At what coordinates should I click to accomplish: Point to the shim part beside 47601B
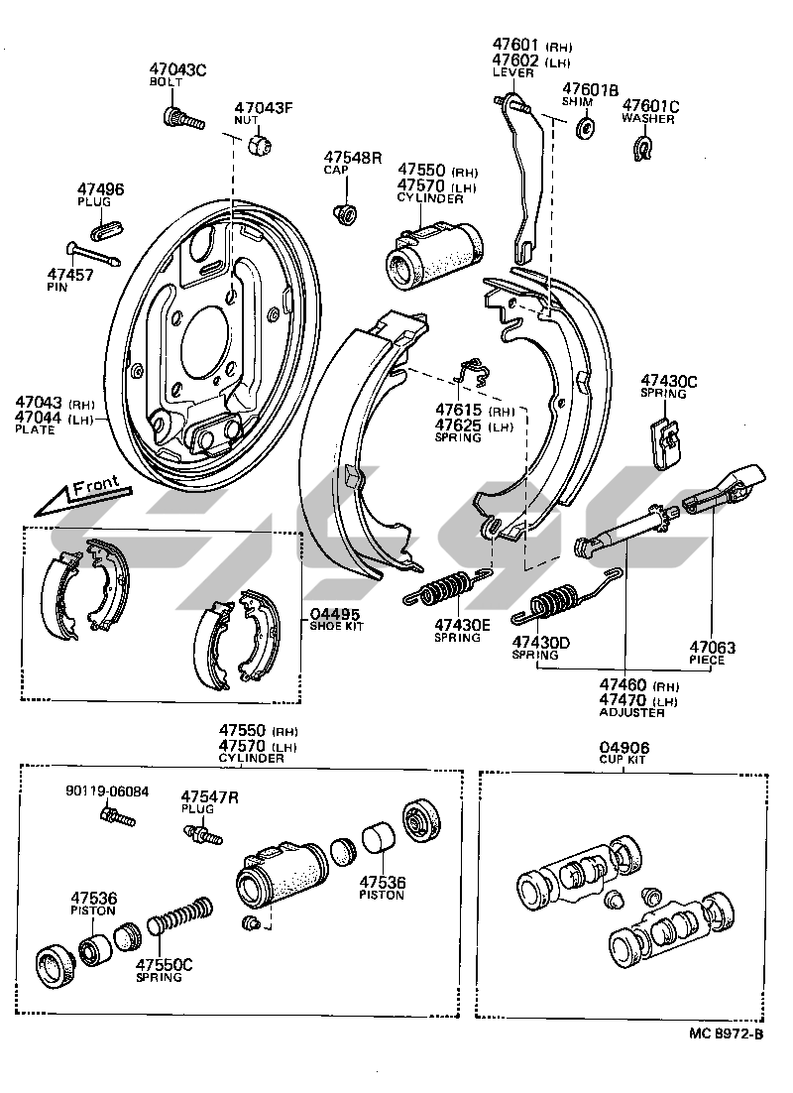pyautogui.click(x=585, y=127)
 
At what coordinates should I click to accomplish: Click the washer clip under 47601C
pyautogui.click(x=642, y=150)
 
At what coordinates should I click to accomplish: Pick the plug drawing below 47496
pyautogui.click(x=107, y=228)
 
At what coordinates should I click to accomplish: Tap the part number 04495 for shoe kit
pyautogui.click(x=334, y=614)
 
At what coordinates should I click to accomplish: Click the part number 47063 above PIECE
pyautogui.click(x=714, y=649)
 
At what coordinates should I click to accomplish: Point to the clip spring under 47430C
pyautogui.click(x=666, y=439)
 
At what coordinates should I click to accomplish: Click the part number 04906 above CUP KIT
pyautogui.click(x=620, y=748)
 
